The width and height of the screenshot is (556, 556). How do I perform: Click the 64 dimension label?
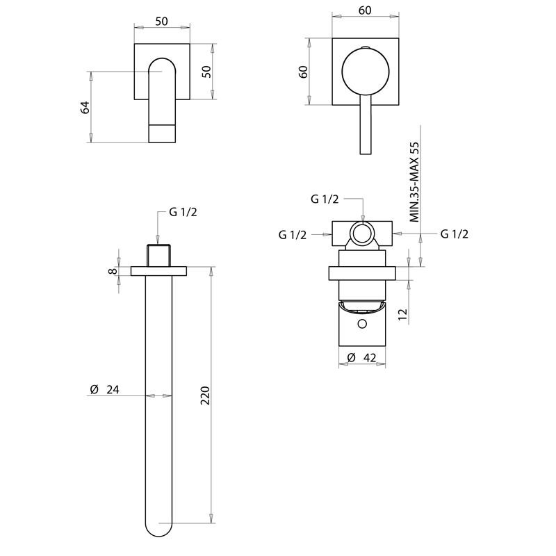pos(85,107)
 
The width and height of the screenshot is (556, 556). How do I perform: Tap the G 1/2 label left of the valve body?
pos(293,235)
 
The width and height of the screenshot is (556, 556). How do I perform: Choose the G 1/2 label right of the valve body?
pos(455,234)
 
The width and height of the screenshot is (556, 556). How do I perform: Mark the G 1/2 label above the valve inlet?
pos(325,199)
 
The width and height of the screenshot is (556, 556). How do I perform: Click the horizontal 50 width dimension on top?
pos(161,22)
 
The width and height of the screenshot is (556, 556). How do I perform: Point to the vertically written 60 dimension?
pos(303,72)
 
